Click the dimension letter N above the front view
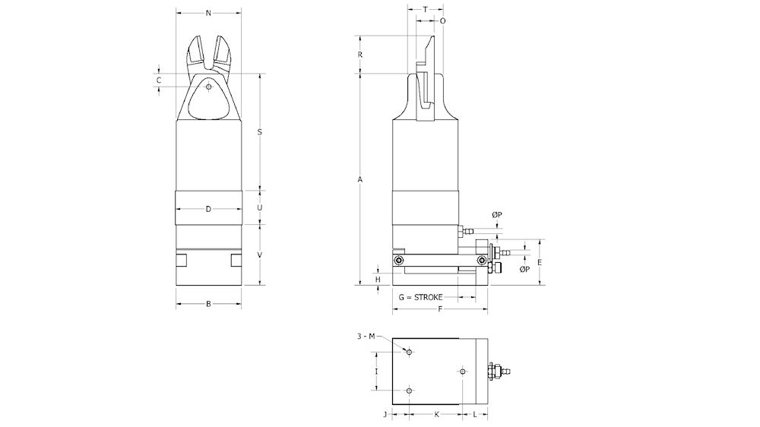pos(208,14)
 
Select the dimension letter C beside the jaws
pos(159,79)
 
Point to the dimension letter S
pos(260,132)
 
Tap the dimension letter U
pos(260,207)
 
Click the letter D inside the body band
pos(208,209)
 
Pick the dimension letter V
pos(260,255)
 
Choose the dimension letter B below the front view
pos(208,304)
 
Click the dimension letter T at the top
pos(425,9)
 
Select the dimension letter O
pos(443,21)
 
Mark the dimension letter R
pos(360,55)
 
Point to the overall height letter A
pos(360,179)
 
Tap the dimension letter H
pos(378,279)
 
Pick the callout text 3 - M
pos(366,337)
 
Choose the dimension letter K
pos(436,414)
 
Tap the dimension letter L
pos(475,414)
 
